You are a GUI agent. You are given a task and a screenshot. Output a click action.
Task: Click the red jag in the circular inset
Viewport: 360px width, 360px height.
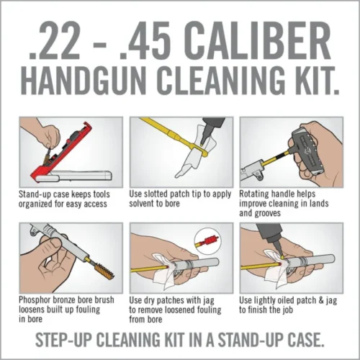(207, 238)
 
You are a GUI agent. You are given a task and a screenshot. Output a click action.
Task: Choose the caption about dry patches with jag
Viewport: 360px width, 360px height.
(179, 307)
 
